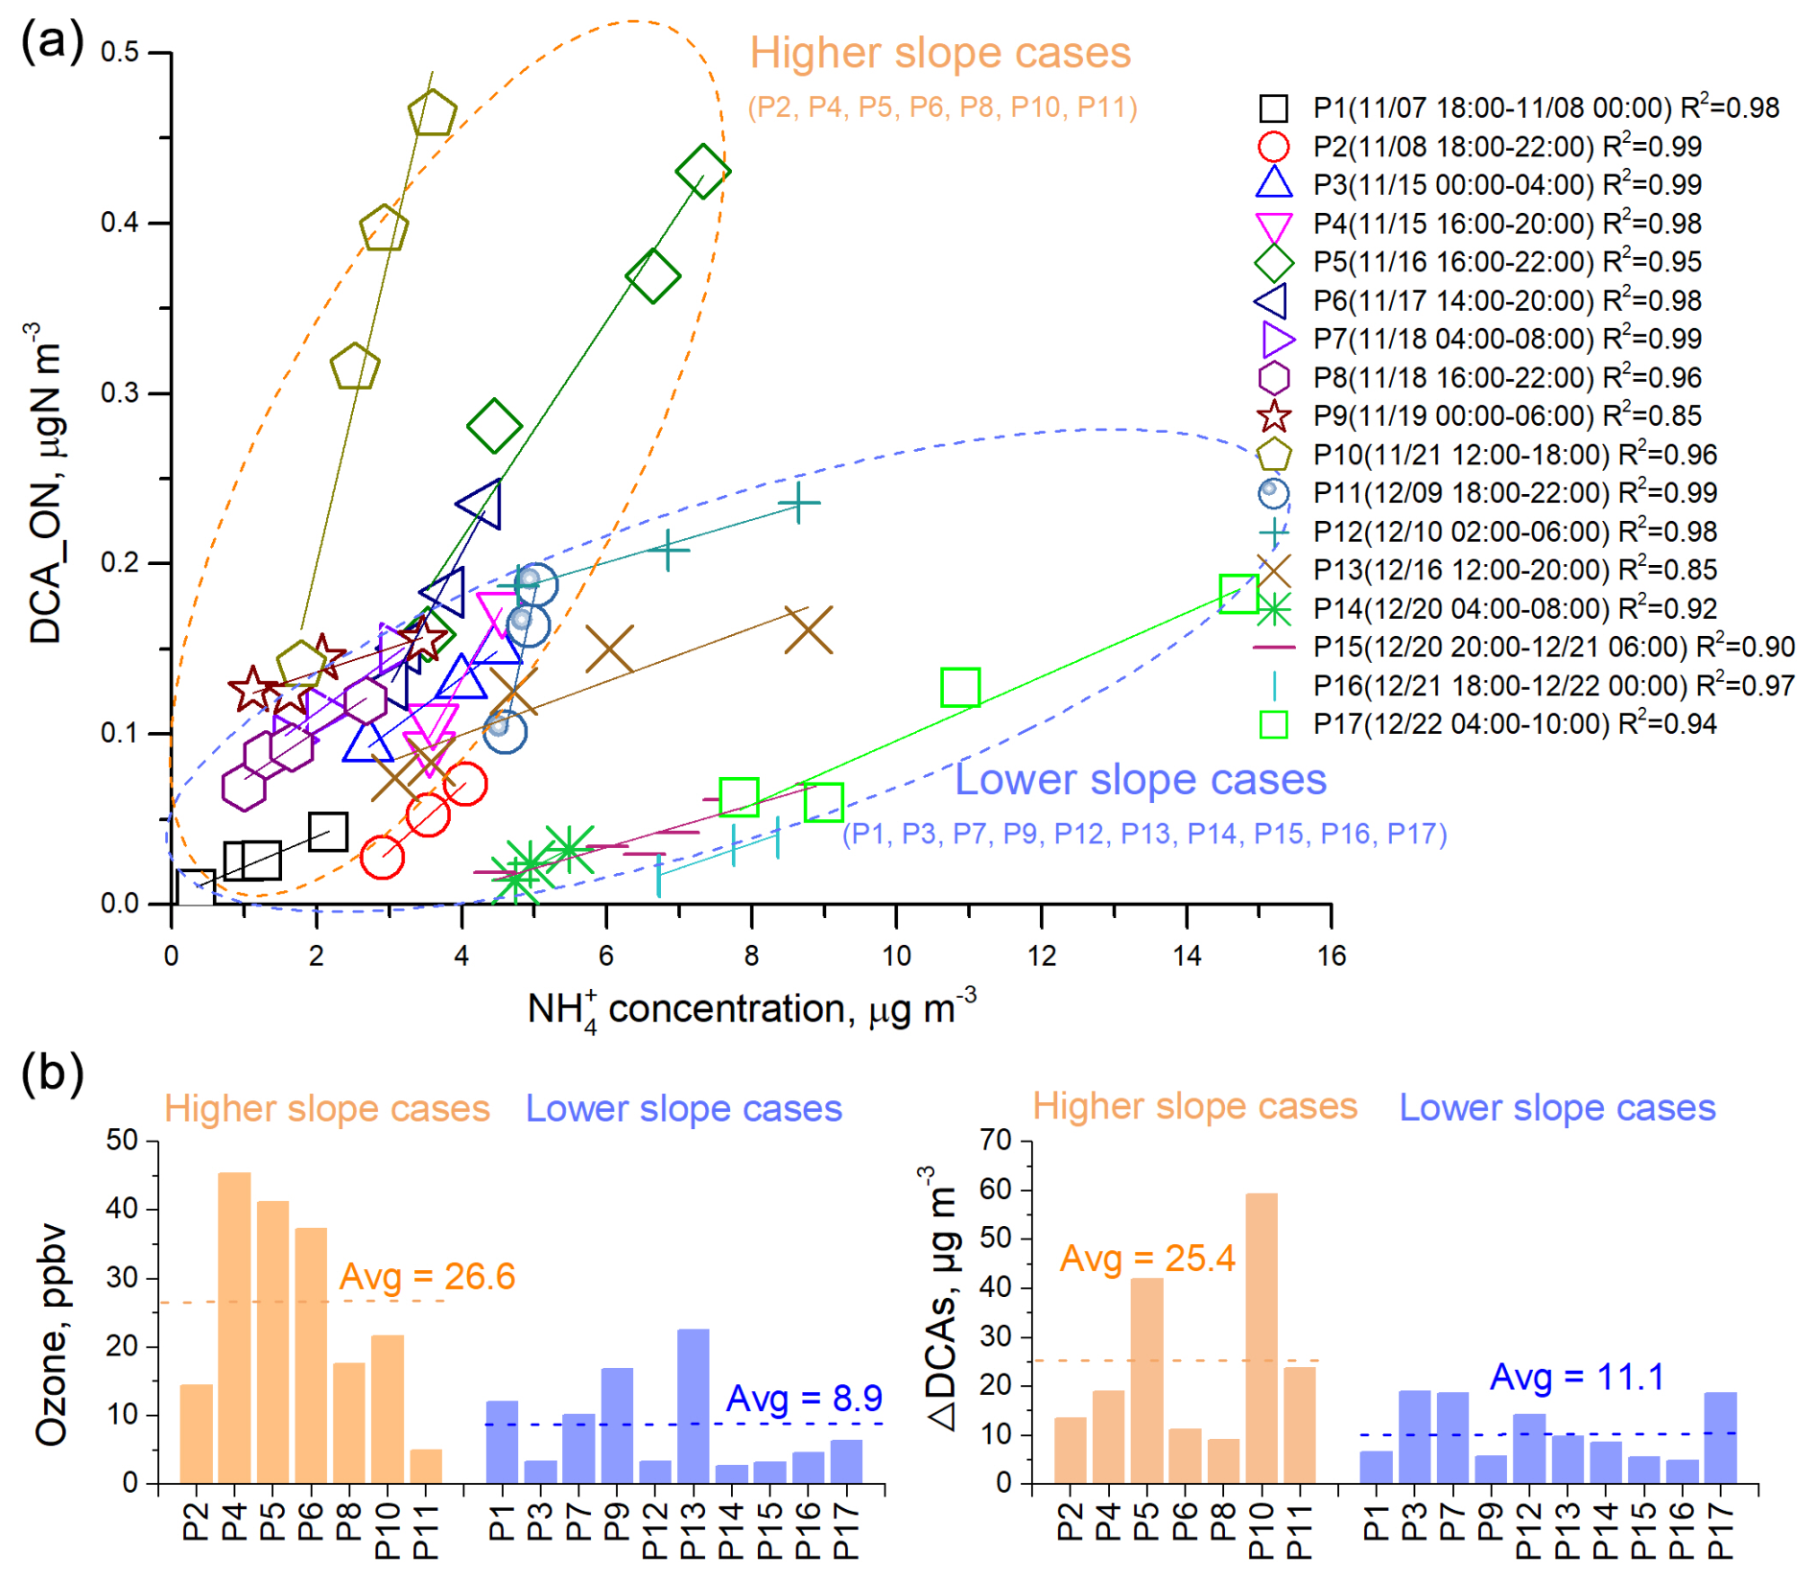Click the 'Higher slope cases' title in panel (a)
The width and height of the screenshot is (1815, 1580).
(x=940, y=54)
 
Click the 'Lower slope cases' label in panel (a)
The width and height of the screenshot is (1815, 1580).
(x=1141, y=780)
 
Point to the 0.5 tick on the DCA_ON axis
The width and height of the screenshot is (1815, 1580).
(x=120, y=52)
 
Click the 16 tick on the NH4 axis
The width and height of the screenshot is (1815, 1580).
(x=1331, y=955)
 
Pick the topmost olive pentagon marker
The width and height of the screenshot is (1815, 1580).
(x=432, y=113)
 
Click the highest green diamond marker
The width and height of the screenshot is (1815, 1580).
(x=702, y=172)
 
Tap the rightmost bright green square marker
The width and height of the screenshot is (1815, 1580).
(x=1238, y=594)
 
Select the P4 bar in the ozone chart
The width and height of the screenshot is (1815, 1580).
(x=235, y=1328)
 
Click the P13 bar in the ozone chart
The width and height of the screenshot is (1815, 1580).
(x=693, y=1405)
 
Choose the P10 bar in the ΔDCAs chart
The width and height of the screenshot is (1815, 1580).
(x=1261, y=1338)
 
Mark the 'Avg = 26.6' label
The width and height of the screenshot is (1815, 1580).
(x=427, y=1277)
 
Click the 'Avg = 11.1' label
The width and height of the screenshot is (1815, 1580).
(x=1576, y=1377)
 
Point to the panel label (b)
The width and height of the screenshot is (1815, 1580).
(x=52, y=1073)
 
